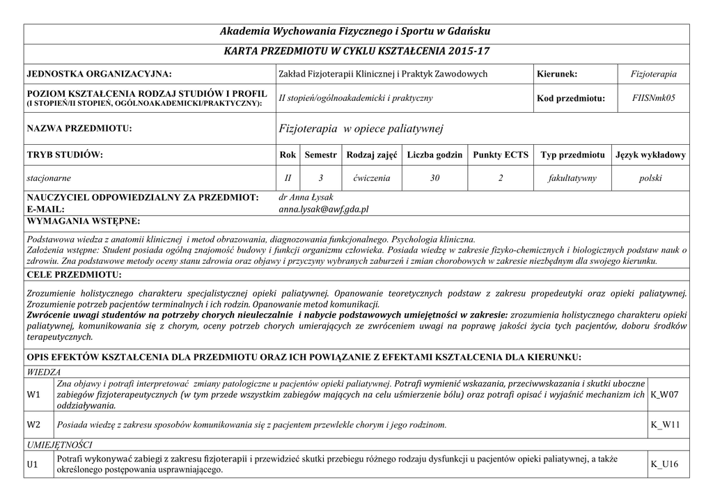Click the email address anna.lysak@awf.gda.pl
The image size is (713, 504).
click(323, 209)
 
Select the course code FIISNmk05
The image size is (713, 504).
click(654, 98)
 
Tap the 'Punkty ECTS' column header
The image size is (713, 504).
click(501, 155)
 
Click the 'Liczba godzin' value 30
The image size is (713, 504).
click(434, 178)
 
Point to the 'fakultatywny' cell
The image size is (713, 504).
click(573, 178)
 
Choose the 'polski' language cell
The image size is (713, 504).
click(650, 178)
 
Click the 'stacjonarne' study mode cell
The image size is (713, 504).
click(49, 178)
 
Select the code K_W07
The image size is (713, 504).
click(664, 395)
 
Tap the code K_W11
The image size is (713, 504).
click(664, 424)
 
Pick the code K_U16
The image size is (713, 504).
click(664, 464)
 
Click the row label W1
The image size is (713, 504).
click(33, 395)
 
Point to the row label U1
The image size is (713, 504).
click(33, 464)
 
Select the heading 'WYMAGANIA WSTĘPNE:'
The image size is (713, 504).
click(83, 221)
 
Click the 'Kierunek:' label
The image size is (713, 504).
click(557, 74)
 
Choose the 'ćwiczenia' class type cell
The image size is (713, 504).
click(371, 178)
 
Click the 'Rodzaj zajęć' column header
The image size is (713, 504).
click(371, 155)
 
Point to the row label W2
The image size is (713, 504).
click(33, 424)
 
